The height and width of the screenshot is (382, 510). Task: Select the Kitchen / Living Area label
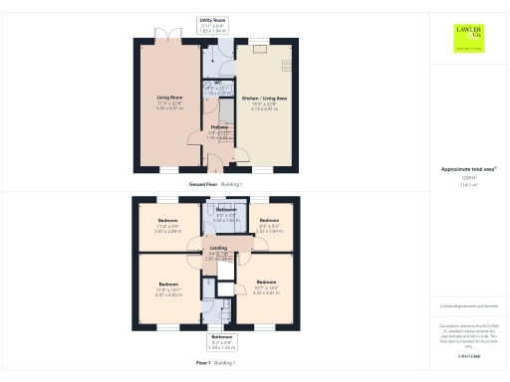(263, 98)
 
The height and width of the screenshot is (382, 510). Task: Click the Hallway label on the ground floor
(221, 127)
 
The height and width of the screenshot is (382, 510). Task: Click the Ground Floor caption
(216, 185)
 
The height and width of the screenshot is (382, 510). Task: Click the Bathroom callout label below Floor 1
(221, 337)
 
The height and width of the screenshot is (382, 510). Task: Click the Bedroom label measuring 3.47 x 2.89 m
(166, 220)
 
